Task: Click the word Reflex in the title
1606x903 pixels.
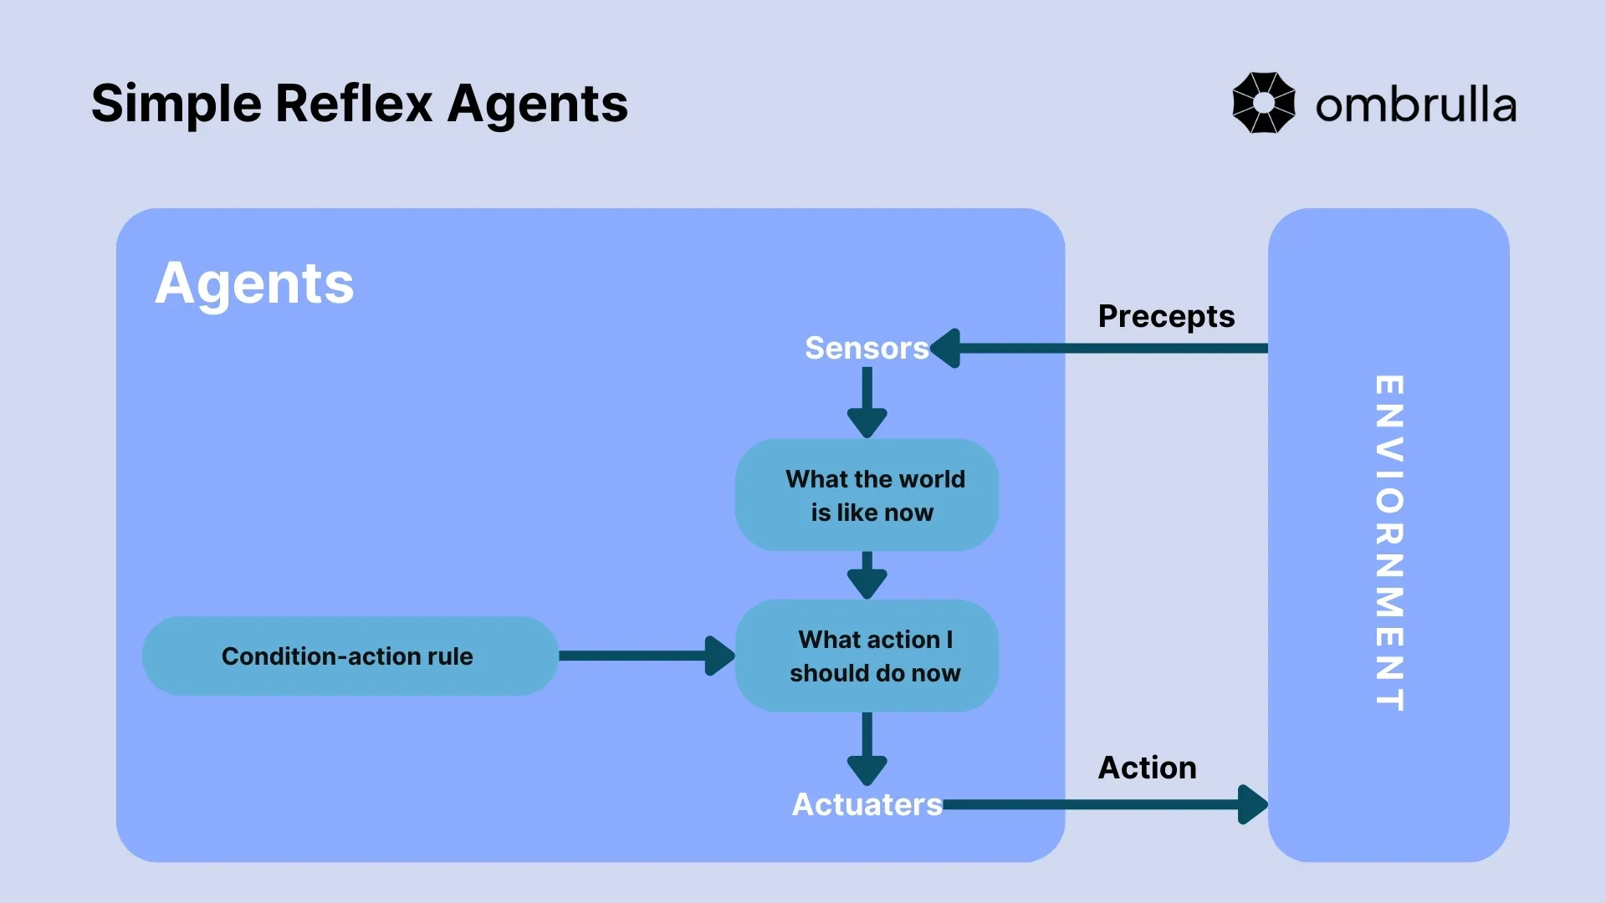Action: tap(353, 105)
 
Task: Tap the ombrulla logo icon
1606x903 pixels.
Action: tap(1263, 103)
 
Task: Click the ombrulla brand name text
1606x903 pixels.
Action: tap(1415, 106)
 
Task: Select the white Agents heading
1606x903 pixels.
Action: tap(254, 283)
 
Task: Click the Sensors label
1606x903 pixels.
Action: tap(866, 348)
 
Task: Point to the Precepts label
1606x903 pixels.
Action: tap(1166, 316)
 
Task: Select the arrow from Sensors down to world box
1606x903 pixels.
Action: tap(867, 402)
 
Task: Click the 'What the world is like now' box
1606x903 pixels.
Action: tap(867, 495)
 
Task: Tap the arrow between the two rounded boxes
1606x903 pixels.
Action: tap(867, 575)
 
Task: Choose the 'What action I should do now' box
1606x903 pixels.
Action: tap(867, 656)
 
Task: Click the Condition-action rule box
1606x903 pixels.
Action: tap(348, 656)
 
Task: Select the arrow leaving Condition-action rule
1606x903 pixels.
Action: tap(644, 656)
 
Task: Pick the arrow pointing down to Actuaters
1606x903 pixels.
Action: tap(867, 748)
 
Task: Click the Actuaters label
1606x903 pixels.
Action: tap(867, 804)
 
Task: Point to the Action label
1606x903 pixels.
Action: tap(1147, 768)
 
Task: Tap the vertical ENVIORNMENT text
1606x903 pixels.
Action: tap(1389, 543)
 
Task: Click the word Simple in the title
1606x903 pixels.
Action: tap(176, 105)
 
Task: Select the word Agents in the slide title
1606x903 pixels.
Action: tap(537, 105)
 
